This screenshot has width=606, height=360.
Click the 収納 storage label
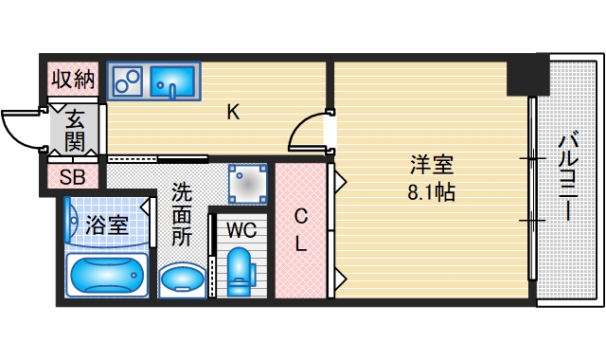pos(73,79)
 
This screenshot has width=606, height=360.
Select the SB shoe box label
pos(72,177)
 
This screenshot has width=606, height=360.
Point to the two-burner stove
pos(126,81)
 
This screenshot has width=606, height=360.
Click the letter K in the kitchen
pos(232,114)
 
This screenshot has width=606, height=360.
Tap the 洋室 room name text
pos(432,165)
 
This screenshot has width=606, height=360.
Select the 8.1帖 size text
pos(432,191)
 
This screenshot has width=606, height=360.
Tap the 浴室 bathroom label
pos(106,225)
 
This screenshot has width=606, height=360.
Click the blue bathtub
pos(107,276)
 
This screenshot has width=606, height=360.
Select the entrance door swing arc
pos(21,129)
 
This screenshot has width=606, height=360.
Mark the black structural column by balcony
pos(528,75)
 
